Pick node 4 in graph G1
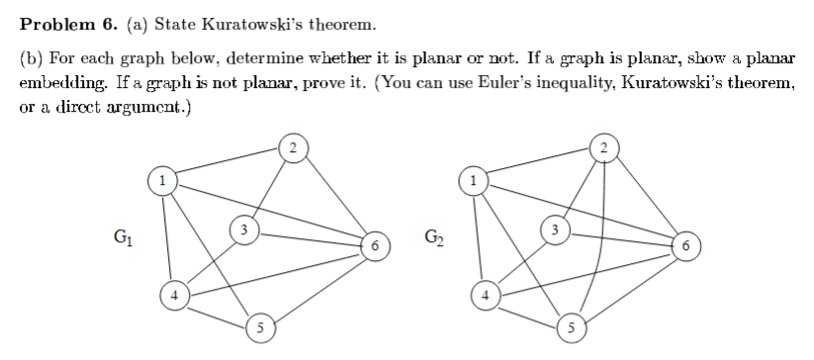[x=174, y=294]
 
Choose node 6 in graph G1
[x=375, y=243]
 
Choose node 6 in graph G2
[x=687, y=243]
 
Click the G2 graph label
[x=434, y=237]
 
